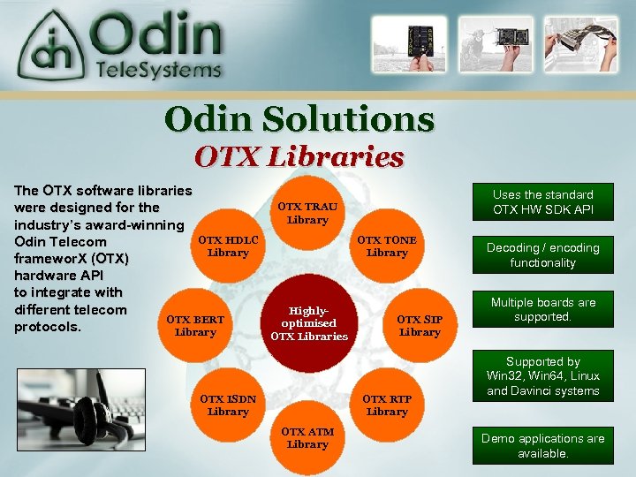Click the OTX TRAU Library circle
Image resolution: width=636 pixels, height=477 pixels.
coord(307,212)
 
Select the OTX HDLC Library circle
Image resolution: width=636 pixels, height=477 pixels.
coord(228,246)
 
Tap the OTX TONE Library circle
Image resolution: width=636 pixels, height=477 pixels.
coord(387,246)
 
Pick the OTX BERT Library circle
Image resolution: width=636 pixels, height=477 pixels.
coord(195,325)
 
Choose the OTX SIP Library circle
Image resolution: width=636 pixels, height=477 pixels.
coord(420,325)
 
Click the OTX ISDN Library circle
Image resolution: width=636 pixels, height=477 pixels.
coord(228,405)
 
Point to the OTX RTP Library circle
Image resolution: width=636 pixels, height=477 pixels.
coord(387,405)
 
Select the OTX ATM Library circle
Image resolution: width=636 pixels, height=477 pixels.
coord(307,438)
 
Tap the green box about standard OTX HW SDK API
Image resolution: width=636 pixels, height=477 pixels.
coord(542,202)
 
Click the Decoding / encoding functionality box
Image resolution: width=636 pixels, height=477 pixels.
coord(542,255)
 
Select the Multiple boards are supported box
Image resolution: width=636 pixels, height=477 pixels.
coord(542,309)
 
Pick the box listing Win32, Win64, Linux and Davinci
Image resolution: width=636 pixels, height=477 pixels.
coord(542,375)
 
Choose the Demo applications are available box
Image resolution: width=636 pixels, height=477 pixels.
coord(542,445)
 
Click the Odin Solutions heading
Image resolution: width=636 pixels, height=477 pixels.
coord(299,119)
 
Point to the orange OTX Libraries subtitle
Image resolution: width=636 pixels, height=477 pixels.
coord(299,157)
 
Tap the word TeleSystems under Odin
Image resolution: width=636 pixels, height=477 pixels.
coord(159,69)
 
